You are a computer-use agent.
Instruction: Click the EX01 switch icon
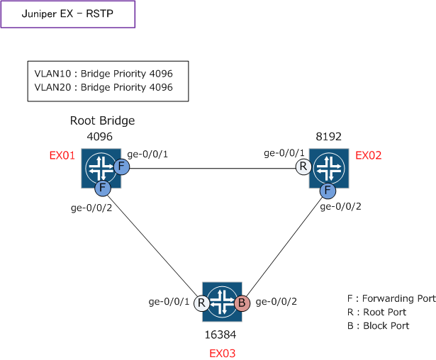pyautogui.click(x=100, y=169)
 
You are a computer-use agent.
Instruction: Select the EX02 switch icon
pyautogui.click(x=330, y=169)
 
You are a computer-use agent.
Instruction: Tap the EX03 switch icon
pyautogui.click(x=222, y=302)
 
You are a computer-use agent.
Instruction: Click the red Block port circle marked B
pyautogui.click(x=242, y=303)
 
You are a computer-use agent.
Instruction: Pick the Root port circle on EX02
pyautogui.click(x=303, y=168)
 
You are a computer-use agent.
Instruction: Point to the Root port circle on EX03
pyautogui.click(x=201, y=303)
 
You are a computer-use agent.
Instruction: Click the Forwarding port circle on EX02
pyautogui.click(x=328, y=190)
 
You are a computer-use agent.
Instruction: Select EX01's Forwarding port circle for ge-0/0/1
pyautogui.click(x=121, y=168)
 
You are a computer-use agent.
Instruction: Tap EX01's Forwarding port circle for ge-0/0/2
pyautogui.click(x=102, y=189)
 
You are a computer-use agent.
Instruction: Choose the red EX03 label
pyautogui.click(x=222, y=352)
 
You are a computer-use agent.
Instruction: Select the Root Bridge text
pyautogui.click(x=102, y=121)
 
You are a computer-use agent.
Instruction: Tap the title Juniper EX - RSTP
pyautogui.click(x=67, y=14)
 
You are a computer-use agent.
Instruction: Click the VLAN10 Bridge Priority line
pyautogui.click(x=104, y=73)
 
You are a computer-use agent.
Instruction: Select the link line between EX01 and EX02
pyautogui.click(x=213, y=169)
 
